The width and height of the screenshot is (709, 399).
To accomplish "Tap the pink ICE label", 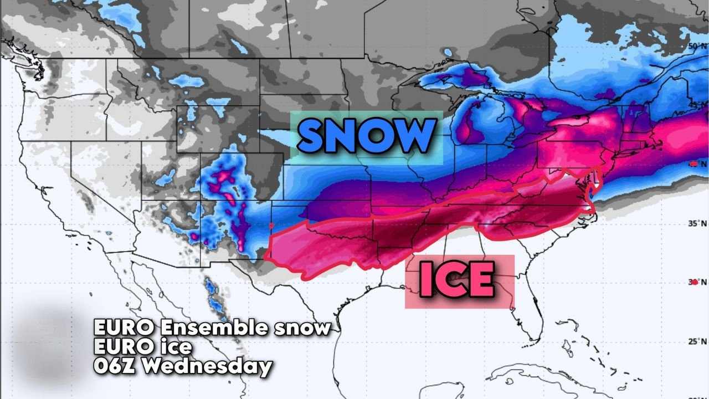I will (457, 280).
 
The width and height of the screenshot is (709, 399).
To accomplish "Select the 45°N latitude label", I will (695, 105).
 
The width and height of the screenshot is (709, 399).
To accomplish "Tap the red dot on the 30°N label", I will (695, 282).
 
